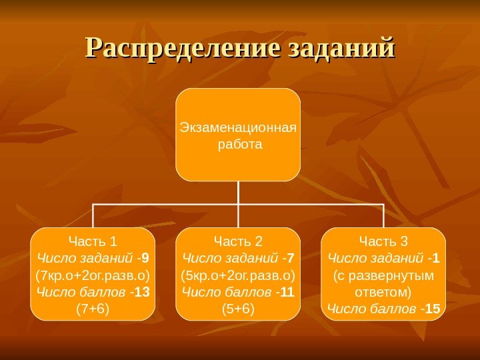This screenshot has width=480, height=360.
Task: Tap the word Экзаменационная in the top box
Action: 238,128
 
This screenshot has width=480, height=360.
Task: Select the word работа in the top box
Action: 238,143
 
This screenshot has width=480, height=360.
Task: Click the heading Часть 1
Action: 93,241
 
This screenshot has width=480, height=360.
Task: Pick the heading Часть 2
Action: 238,241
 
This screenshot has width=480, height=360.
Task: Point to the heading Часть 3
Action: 383,241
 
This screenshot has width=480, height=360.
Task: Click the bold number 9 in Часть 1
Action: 145,257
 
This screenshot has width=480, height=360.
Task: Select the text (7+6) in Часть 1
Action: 93,308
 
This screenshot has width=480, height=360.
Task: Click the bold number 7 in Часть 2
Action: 291,257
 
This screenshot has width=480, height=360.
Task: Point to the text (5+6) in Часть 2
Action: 238,308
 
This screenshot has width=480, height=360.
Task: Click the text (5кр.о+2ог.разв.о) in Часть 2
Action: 238,275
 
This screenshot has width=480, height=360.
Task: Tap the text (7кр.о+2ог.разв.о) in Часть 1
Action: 93,275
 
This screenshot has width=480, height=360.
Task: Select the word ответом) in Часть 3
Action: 383,291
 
